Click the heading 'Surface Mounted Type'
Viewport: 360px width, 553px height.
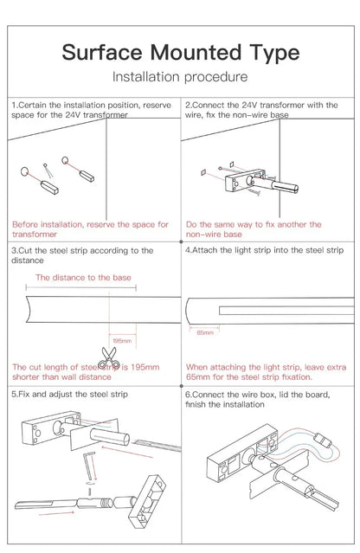(x=181, y=52)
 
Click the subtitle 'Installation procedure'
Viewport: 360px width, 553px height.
(x=180, y=77)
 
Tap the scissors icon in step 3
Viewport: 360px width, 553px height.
(x=108, y=358)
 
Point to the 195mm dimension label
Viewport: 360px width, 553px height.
(x=122, y=341)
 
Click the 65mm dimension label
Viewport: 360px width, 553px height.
(x=205, y=332)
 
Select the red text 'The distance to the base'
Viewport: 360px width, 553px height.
(x=83, y=278)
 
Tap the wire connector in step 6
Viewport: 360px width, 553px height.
(x=323, y=440)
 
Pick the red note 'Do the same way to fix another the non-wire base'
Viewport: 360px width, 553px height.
(x=254, y=229)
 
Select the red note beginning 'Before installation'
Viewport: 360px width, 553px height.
(x=90, y=229)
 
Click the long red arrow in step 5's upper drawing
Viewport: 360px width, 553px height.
(x=127, y=453)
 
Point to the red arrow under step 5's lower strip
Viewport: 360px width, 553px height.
(x=55, y=514)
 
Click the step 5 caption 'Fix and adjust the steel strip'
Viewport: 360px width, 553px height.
(x=73, y=395)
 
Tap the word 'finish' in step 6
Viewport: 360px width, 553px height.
(x=196, y=404)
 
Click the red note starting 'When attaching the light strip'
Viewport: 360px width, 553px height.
(x=267, y=372)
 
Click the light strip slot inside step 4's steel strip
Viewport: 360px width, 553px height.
(x=286, y=311)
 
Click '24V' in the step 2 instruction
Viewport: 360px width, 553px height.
(x=249, y=105)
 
